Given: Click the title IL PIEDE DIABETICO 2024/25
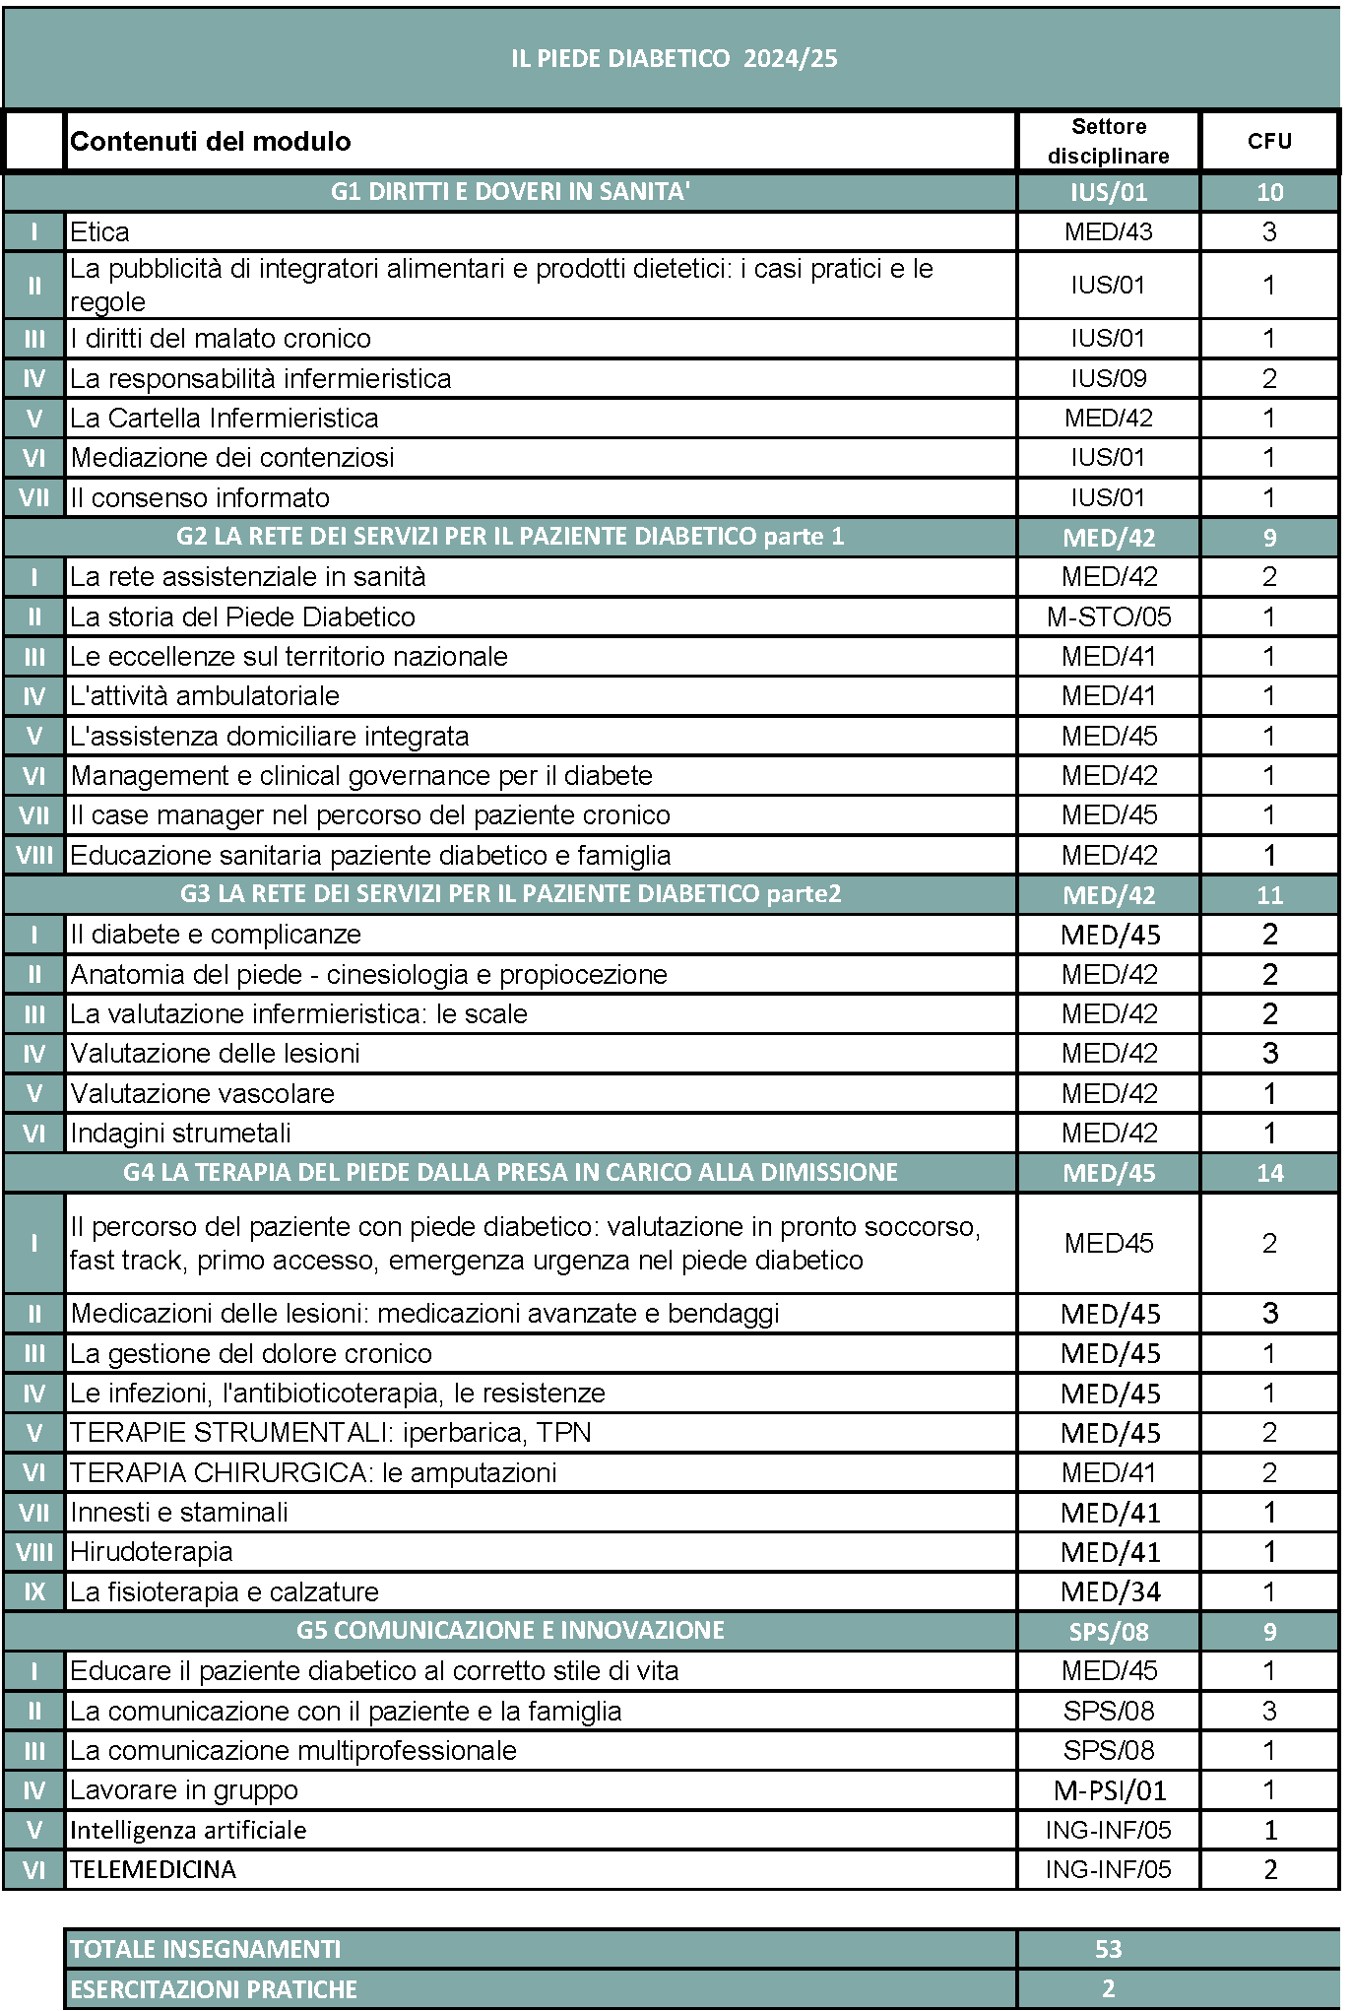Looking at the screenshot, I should point(674,58).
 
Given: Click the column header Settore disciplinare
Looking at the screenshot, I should point(1108,141).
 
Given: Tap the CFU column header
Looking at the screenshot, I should point(1268,141).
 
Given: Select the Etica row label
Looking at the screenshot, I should point(99,232).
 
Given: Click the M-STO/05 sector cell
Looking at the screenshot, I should point(1108,617).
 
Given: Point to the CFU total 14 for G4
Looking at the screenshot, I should point(1269,1173).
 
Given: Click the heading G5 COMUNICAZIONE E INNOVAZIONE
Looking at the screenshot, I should point(510,1631).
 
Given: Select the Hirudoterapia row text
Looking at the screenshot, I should point(152,1552).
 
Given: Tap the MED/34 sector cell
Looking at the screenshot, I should point(1110,1592).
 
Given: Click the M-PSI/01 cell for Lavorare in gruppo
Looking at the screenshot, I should point(1109,1790).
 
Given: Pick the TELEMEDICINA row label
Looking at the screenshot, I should point(153,1870).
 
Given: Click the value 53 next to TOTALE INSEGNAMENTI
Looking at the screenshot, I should point(1108,1949).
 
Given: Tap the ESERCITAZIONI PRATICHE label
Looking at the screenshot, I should point(214,1989).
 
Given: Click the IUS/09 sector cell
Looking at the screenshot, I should point(1108,379).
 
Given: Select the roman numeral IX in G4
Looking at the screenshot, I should point(34,1592).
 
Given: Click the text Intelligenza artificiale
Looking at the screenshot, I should point(188,1831).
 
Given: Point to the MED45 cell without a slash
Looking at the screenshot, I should point(1108,1244).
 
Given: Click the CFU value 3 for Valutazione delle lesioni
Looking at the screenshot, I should point(1269,1054).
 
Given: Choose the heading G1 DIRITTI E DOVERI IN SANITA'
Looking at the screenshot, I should point(510,192).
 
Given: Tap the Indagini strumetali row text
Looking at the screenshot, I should point(180,1134).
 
